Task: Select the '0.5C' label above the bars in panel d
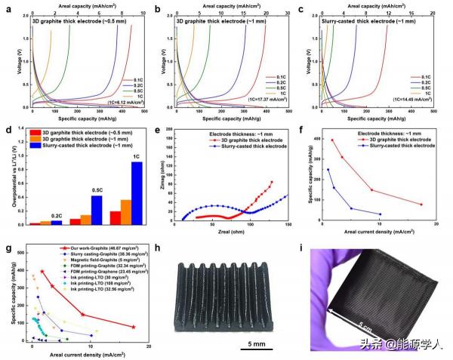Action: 96,190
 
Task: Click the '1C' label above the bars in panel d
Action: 137,156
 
